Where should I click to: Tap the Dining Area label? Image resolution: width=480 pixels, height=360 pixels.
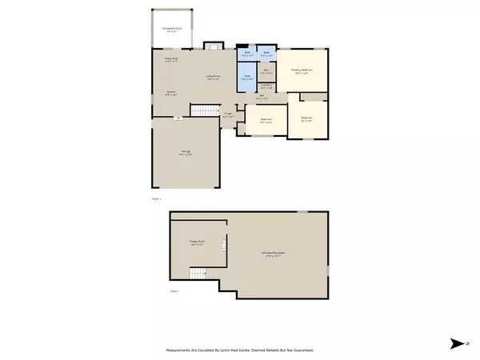(170, 59)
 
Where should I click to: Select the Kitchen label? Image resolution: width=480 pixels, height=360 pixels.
(170, 92)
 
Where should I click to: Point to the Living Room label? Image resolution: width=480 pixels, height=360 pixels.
(212, 78)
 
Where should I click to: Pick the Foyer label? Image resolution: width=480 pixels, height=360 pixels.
(228, 114)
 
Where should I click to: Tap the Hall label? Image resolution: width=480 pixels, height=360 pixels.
(262, 95)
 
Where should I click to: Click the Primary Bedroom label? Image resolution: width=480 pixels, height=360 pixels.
(302, 70)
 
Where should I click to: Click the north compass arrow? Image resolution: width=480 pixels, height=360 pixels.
(458, 342)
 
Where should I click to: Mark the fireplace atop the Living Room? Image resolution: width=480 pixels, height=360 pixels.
(212, 45)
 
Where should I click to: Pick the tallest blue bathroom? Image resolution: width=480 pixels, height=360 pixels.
(246, 78)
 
